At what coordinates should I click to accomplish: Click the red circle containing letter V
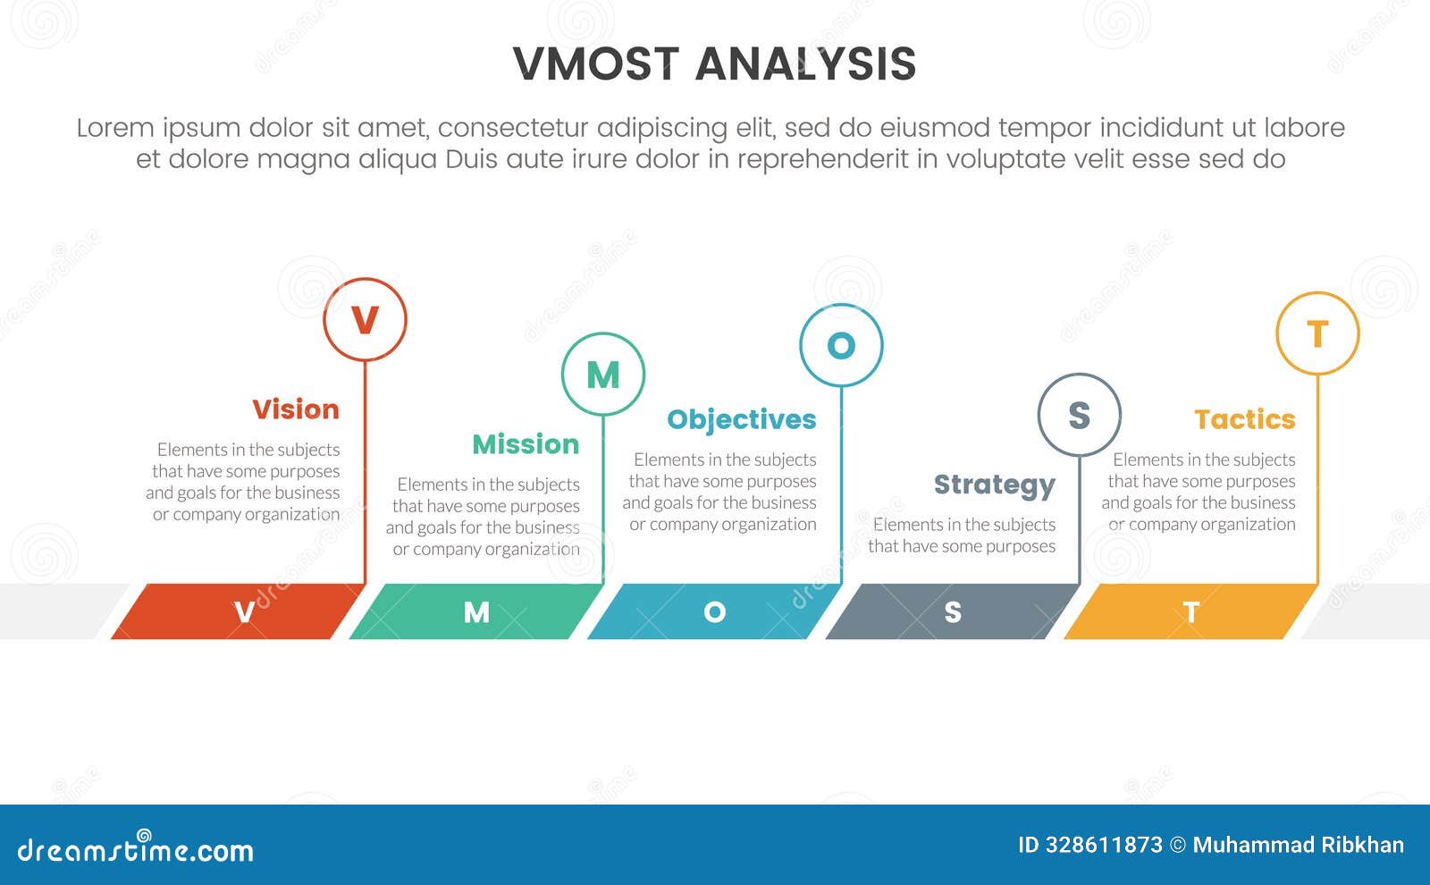coord(365,319)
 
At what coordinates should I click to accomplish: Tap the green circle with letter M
coord(603,375)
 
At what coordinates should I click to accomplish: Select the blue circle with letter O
coord(841,345)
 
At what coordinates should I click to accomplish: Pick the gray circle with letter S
coord(1079,415)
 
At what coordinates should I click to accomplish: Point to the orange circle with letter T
coord(1317,333)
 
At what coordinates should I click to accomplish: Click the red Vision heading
coord(296,409)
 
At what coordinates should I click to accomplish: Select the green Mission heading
coord(526,444)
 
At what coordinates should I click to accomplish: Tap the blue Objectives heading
coord(742,419)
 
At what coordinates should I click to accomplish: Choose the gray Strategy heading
coord(995,485)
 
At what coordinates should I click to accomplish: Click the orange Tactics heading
coord(1245,419)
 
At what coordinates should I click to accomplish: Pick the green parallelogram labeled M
coord(475,611)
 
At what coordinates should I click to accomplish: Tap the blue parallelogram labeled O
coord(713,611)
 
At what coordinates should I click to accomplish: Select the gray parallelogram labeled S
coord(952,611)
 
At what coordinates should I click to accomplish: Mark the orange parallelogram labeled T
coord(1190,611)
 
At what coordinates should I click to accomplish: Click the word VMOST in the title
coord(596,64)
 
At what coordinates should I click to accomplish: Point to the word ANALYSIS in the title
coord(805,64)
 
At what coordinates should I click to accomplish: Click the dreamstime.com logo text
coord(135,849)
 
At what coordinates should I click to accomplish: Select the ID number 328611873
coord(1102,845)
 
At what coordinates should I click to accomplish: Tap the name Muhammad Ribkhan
coord(1298,845)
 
